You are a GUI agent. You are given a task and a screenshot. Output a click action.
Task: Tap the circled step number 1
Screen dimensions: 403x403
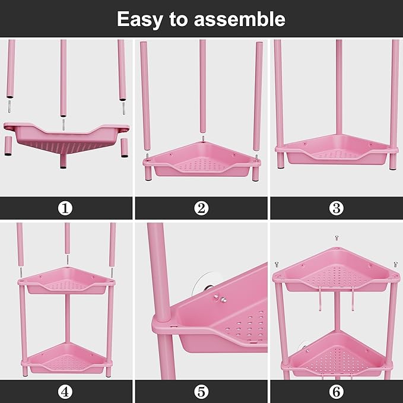(66, 208)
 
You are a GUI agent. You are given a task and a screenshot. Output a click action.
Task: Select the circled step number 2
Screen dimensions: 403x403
(201, 208)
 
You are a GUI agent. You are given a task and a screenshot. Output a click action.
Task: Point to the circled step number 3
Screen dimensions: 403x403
(337, 208)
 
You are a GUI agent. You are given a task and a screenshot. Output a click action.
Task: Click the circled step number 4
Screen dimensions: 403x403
(66, 392)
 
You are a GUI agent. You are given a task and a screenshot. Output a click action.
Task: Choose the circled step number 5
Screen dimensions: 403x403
(201, 392)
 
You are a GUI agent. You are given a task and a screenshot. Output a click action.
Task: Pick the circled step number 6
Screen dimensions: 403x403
(337, 392)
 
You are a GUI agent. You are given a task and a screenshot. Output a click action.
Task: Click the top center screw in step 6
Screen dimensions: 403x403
(337, 237)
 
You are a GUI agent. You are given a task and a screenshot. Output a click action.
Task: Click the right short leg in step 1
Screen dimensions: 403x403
(125, 146)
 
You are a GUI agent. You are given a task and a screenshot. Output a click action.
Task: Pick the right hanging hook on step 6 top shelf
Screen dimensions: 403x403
(354, 299)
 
